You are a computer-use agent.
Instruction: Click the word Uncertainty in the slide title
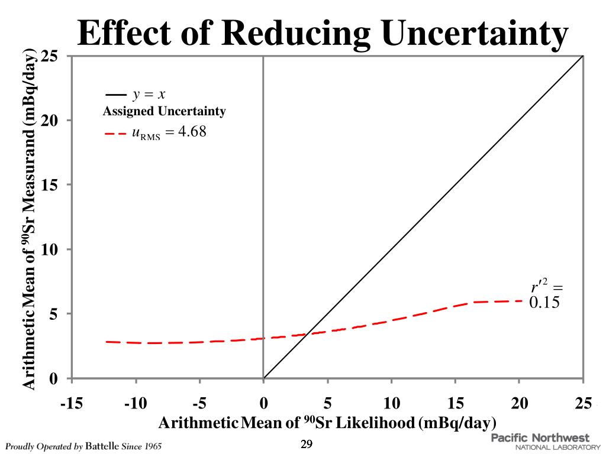click(474, 34)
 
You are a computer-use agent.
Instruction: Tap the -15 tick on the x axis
click(72, 404)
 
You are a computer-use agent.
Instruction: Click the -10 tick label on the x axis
click(136, 404)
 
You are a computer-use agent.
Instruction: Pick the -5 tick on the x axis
click(199, 404)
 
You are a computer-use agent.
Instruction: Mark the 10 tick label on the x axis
click(392, 404)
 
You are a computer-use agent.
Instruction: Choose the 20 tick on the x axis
click(520, 404)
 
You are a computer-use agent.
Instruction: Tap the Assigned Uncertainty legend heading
click(164, 111)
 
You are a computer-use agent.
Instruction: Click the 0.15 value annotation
click(544, 302)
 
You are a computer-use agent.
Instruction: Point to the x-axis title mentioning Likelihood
click(327, 423)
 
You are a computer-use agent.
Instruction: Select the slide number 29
click(307, 445)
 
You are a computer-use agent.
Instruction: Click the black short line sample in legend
click(115, 95)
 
